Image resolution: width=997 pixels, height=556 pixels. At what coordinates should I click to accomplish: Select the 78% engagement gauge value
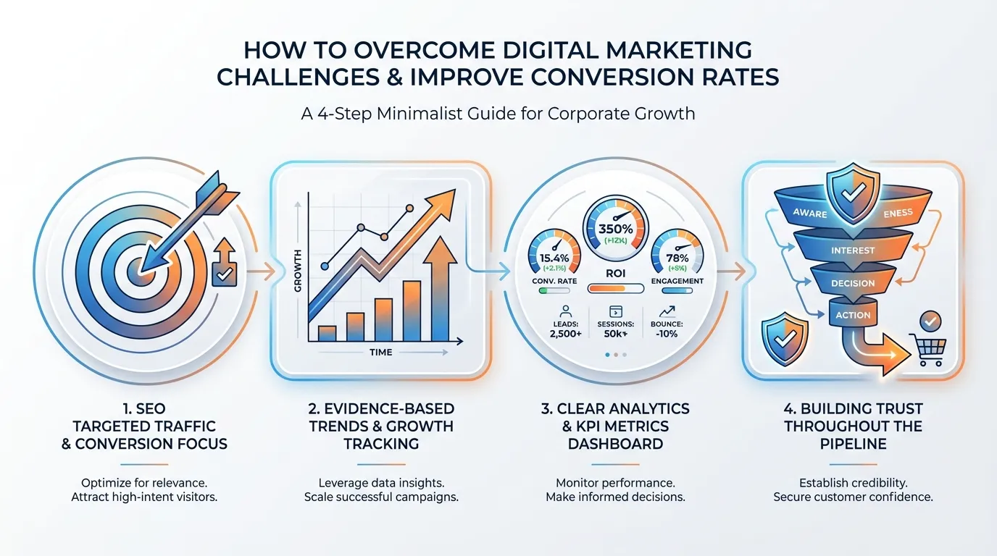click(677, 258)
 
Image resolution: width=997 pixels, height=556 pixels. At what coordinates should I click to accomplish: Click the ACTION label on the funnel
click(853, 315)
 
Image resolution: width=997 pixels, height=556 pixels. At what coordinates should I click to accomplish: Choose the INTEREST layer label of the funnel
click(853, 250)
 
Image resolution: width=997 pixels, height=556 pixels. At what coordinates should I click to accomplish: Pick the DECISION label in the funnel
click(853, 283)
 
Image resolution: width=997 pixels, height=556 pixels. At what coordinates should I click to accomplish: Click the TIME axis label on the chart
click(380, 353)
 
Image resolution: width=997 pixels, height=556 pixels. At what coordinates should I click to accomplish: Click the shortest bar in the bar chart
click(328, 333)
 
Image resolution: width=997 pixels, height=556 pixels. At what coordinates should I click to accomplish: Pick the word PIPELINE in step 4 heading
click(852, 444)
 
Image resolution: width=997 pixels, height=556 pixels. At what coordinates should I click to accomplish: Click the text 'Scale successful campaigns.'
click(381, 497)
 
